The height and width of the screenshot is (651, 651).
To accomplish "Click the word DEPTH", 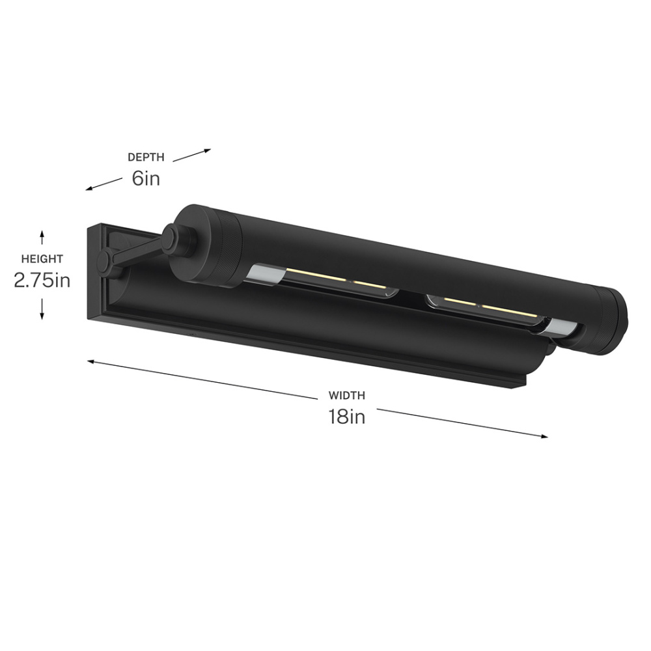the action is click(146, 157).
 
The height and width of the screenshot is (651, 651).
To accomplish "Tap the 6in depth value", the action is click(146, 178).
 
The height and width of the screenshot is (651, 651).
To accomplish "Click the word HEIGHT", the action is click(42, 258).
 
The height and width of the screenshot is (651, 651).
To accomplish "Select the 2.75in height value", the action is click(42, 280).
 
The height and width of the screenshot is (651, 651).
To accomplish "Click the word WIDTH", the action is click(347, 395).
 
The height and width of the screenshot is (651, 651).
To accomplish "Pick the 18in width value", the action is click(347, 417).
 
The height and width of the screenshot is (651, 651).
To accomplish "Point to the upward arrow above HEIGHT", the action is click(42, 238).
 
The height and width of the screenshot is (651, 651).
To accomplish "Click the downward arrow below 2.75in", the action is click(42, 310).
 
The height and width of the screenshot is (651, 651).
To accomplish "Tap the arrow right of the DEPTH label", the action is click(192, 156).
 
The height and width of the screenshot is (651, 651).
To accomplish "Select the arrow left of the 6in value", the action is click(104, 184).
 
